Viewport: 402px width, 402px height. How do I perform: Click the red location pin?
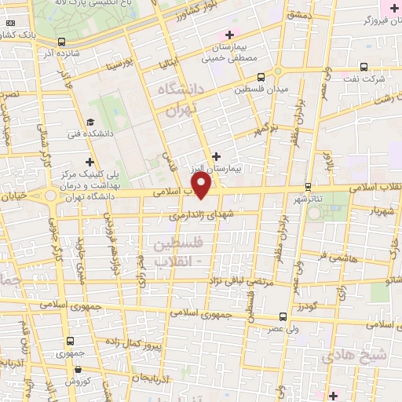point(202,186)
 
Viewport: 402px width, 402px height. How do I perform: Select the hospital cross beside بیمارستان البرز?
point(217,156)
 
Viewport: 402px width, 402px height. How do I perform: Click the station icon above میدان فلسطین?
point(261,77)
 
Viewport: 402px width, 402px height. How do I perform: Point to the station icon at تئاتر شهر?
point(308,187)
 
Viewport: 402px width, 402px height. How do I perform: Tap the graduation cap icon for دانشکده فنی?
point(90,122)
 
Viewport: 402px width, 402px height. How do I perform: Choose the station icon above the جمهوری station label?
point(71,341)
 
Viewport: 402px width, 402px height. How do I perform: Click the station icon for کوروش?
point(79,368)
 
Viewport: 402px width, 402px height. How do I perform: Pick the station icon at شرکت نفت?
point(364,68)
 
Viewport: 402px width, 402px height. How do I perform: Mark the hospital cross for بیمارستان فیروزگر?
point(394,7)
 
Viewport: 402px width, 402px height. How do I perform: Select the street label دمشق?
point(299,15)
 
